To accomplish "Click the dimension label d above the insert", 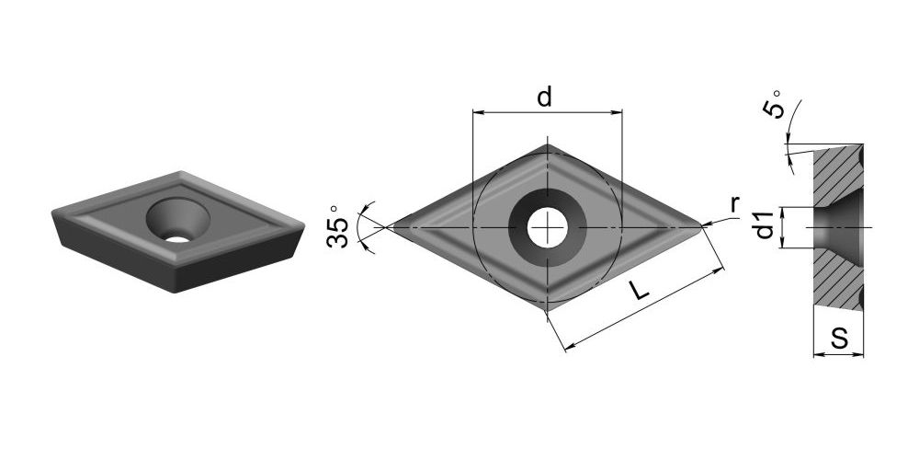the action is click(x=544, y=98).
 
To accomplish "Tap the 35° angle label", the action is click(x=338, y=226).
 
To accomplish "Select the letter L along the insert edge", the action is click(x=641, y=290).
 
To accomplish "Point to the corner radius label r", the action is click(x=734, y=205).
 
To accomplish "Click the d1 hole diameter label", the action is click(x=766, y=225).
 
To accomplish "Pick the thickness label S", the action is click(x=839, y=339).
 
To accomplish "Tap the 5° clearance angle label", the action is click(x=773, y=105).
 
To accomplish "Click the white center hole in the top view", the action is click(x=547, y=227).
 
